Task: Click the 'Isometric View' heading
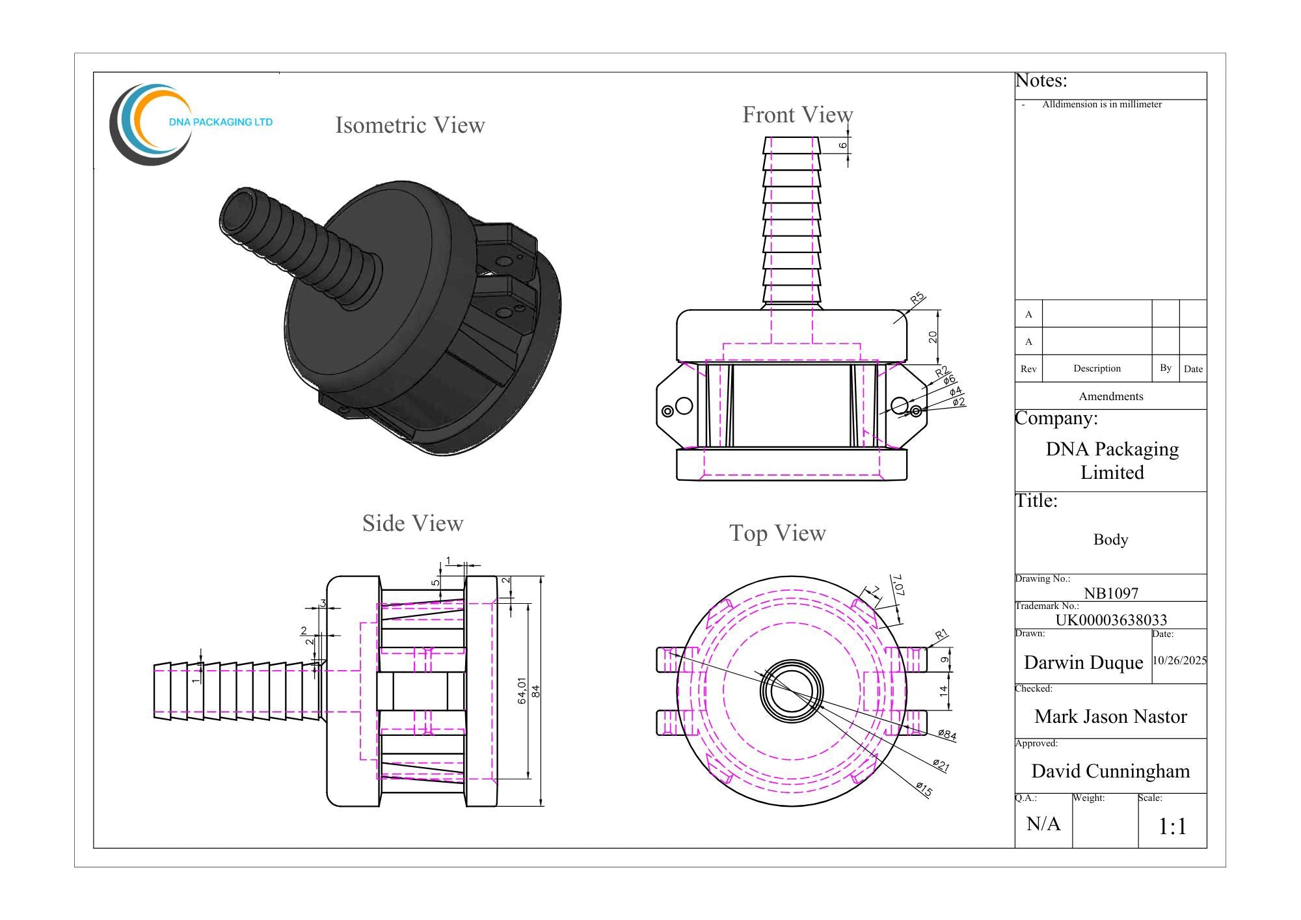pos(410,125)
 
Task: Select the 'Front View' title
pos(798,115)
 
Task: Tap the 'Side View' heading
pos(412,523)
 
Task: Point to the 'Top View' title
pos(777,533)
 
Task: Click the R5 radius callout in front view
pos(917,299)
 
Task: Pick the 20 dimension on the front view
pos(933,337)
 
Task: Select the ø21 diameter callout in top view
pos(941,765)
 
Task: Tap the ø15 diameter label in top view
pos(924,789)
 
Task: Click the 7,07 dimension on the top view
pos(898,585)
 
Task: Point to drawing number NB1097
pos(1110,593)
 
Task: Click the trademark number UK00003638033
pos(1110,619)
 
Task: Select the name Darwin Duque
pos(1083,662)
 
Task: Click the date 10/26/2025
pos(1179,660)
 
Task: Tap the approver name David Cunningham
pos(1110,771)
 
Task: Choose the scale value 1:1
pos(1172,826)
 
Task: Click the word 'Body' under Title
pos(1110,539)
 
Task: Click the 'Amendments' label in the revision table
pos(1110,396)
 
